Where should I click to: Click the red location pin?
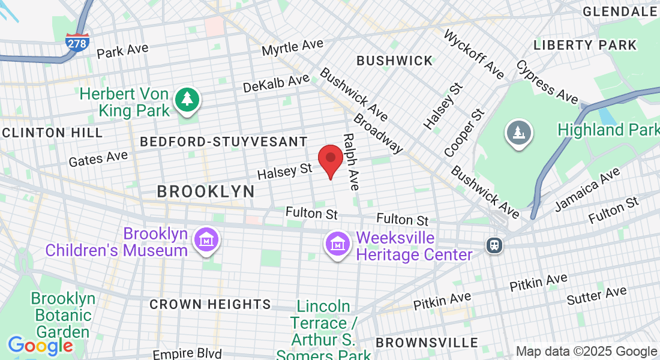point(330,158)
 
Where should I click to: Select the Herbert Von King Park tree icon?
point(187,100)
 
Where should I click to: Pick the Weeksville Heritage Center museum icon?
point(337,244)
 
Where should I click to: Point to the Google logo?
point(40,346)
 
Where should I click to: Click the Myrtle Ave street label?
point(292,47)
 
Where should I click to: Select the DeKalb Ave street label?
point(276,83)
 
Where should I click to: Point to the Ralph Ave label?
point(350,162)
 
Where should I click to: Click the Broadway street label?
point(378,134)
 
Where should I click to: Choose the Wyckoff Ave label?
point(474,53)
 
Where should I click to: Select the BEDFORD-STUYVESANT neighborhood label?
point(224,142)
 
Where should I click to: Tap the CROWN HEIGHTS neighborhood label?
point(210,304)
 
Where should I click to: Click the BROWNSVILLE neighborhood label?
point(427,343)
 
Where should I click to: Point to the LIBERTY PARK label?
point(584,45)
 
